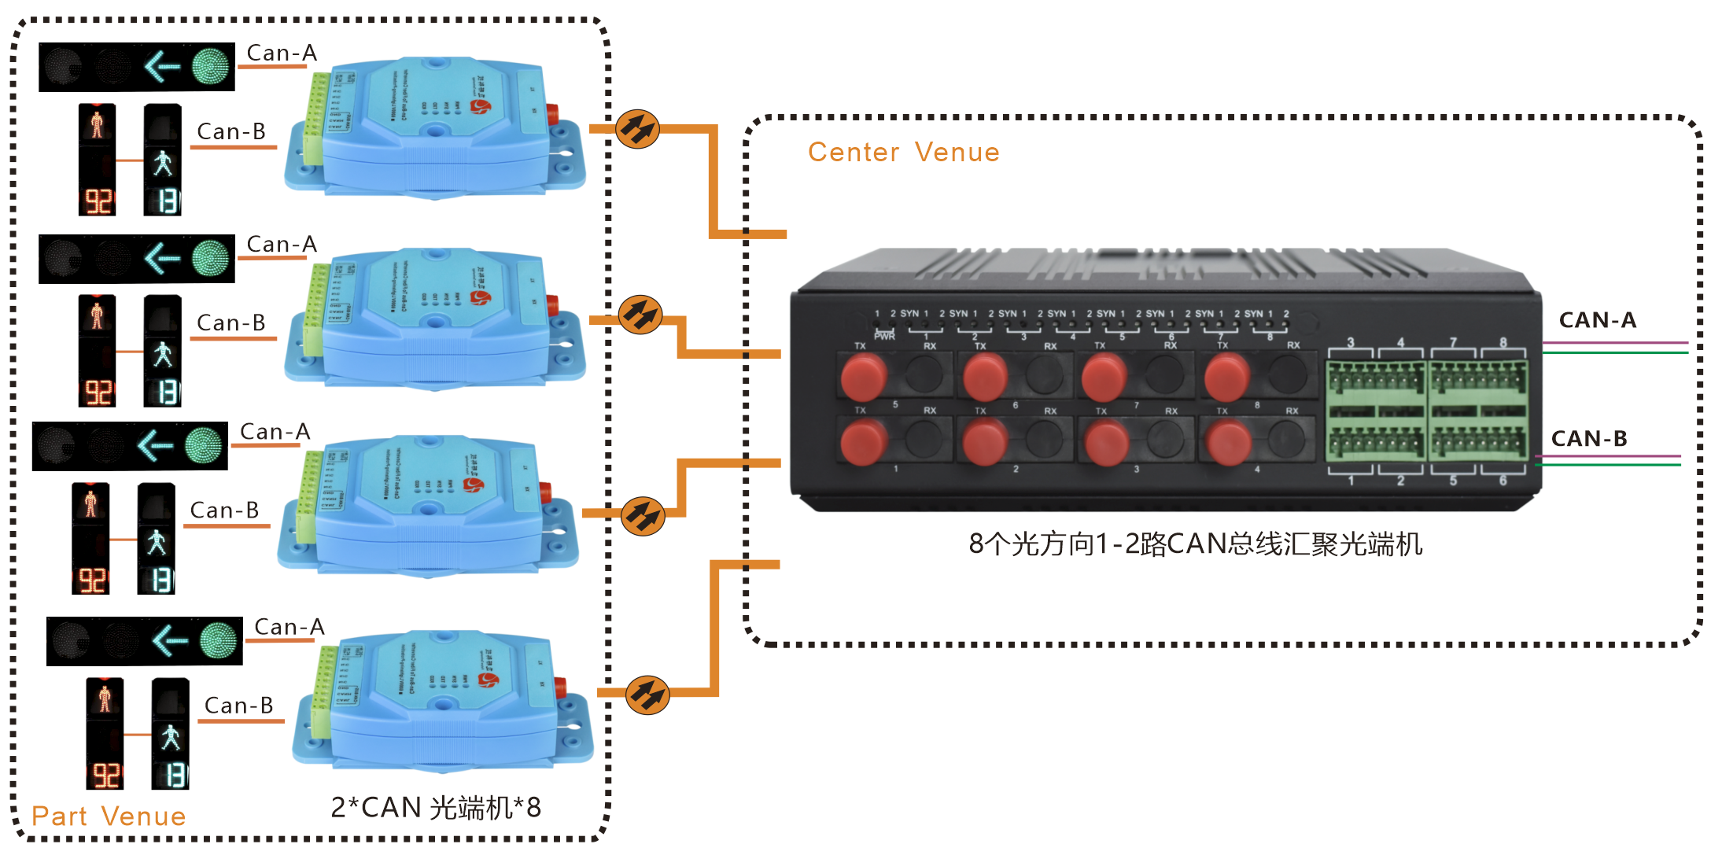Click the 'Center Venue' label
[x=903, y=152]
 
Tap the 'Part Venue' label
[x=109, y=816]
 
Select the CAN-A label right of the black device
[x=1597, y=320]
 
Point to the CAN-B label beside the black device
[x=1588, y=438]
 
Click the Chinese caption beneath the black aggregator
[x=1195, y=544]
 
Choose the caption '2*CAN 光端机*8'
[x=436, y=807]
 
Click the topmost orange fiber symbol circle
[x=637, y=129]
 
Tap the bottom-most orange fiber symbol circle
[x=647, y=695]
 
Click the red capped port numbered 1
[x=864, y=442]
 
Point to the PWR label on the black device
[x=884, y=336]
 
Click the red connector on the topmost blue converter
[x=553, y=113]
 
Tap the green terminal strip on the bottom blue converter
[x=321, y=692]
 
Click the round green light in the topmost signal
[x=210, y=66]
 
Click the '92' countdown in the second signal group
[x=98, y=392]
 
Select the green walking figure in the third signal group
[x=157, y=542]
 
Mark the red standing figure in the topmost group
[x=97, y=124]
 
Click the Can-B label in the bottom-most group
[x=238, y=706]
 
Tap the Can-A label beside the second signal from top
[x=281, y=245]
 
